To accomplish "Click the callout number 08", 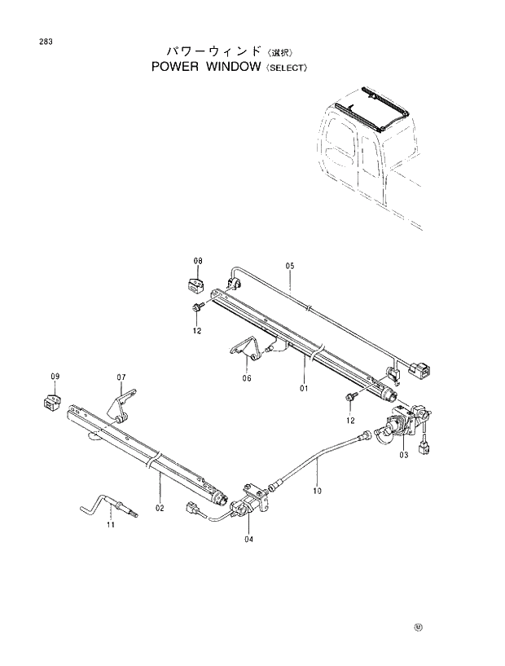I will click(197, 261).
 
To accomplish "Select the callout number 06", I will click(248, 378).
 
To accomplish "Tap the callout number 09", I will click(55, 376).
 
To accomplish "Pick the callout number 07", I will click(121, 377).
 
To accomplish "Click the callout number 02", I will click(160, 508).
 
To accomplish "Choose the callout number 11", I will click(112, 527).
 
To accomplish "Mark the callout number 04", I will click(248, 538).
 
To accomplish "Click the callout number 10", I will click(318, 492).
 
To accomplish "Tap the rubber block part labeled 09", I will click(51, 402).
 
